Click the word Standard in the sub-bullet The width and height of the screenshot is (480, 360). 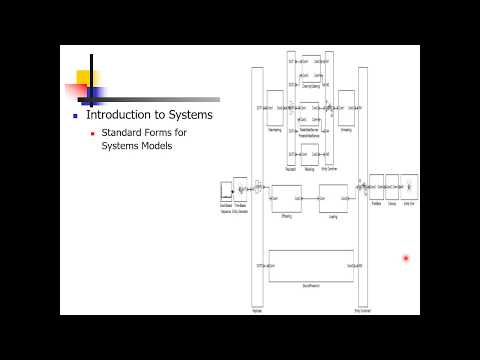click(124, 132)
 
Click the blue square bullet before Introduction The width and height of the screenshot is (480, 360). click(75, 116)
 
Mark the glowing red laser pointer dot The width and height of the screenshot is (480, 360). click(406, 258)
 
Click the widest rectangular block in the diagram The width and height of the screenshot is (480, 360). click(311, 264)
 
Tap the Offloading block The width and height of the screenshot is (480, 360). click(286, 198)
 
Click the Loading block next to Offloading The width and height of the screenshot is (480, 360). click(333, 198)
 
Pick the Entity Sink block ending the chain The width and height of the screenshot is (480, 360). click(409, 186)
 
